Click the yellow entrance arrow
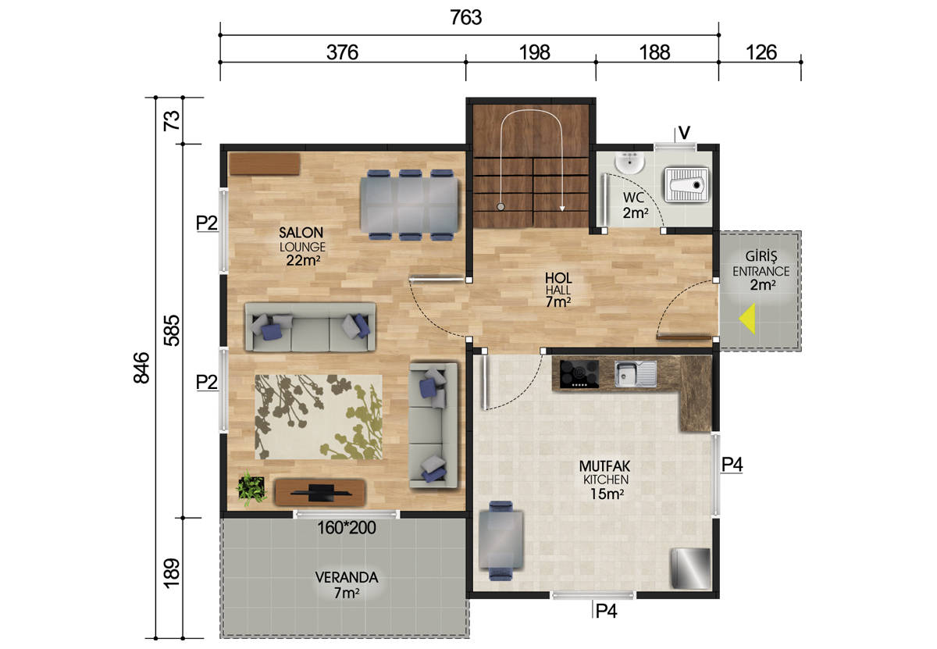click(748, 319)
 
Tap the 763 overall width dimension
click(466, 18)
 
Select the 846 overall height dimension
click(141, 367)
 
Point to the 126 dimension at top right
click(761, 53)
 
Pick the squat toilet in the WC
click(686, 184)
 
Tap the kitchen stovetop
click(579, 373)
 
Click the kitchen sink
click(635, 373)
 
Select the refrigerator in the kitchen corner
click(690, 569)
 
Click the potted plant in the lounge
click(251, 488)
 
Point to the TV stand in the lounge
click(320, 492)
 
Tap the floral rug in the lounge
click(319, 417)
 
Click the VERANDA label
click(347, 578)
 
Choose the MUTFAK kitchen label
click(604, 466)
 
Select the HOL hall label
click(558, 278)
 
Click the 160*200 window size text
click(347, 528)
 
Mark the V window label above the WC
click(684, 133)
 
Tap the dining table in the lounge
click(408, 205)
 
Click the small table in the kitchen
click(501, 540)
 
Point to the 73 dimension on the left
click(172, 120)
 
